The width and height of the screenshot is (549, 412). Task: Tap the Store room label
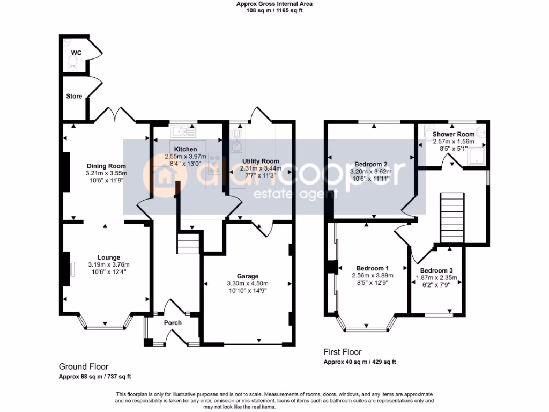74,96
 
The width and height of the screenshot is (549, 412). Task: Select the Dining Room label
106,166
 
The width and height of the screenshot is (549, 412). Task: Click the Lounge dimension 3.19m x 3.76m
109,264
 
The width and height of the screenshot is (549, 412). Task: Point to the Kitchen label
186,149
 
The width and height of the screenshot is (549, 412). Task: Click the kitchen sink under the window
183,130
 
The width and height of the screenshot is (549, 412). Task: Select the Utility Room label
261,161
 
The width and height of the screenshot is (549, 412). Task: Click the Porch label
173,323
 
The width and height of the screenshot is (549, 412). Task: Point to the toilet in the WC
73,64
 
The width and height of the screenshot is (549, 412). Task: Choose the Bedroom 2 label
370,164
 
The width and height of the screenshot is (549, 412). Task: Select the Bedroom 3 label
436,270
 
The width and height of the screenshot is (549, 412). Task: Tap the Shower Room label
454,134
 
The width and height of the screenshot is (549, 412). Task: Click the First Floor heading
343,352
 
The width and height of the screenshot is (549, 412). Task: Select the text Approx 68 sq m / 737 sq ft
95,376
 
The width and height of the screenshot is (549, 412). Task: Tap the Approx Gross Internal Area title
274,4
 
